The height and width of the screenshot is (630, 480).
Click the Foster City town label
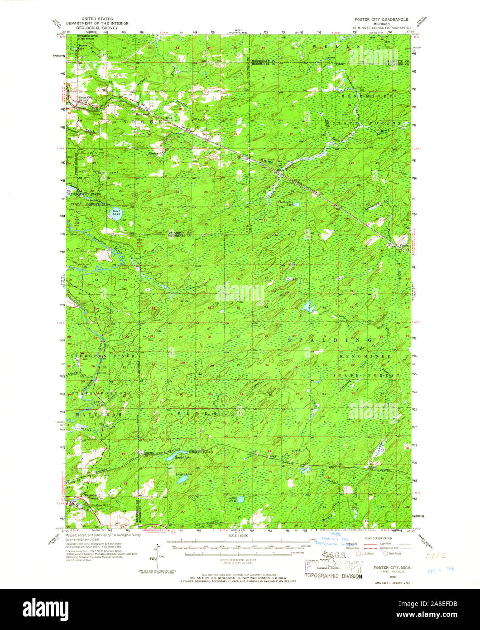coord(85,97)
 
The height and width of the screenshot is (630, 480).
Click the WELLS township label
coord(343,47)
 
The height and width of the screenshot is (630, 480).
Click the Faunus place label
coord(404,246)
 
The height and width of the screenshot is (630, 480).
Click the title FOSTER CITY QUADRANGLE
coord(382,20)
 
